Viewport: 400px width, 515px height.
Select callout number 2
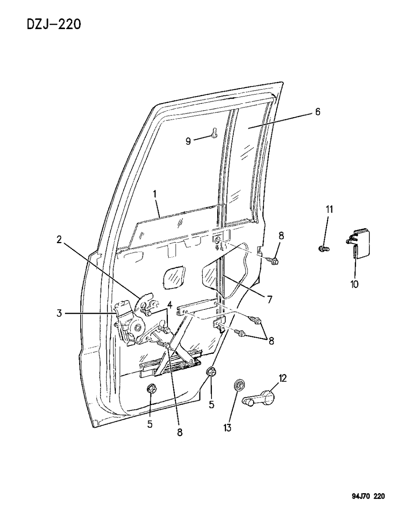tap(59, 240)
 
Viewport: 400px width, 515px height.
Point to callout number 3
tap(59, 313)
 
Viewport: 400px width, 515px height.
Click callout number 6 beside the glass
tap(318, 112)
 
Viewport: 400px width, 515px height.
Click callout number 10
tap(354, 284)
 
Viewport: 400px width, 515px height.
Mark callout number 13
tap(227, 428)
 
